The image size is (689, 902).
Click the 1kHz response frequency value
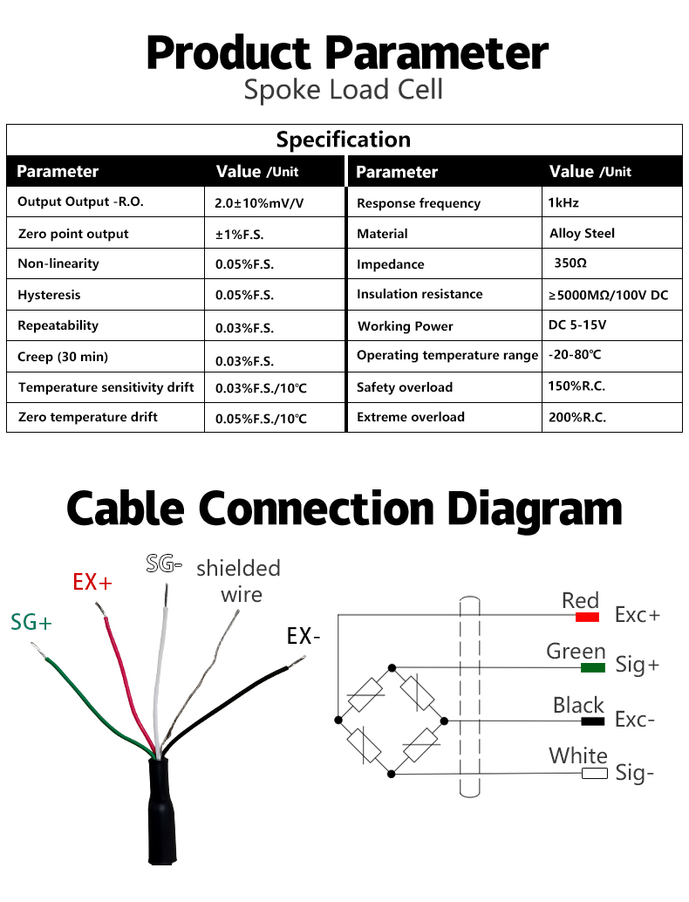click(x=563, y=202)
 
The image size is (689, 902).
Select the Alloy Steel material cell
click(x=582, y=233)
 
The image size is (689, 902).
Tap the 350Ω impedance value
click(x=570, y=263)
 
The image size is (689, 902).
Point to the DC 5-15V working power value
click(x=576, y=325)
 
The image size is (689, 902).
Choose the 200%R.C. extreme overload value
click(x=576, y=417)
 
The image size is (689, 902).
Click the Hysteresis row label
click(x=49, y=295)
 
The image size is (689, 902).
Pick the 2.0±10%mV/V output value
click(x=259, y=203)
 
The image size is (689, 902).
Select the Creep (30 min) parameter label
click(x=63, y=357)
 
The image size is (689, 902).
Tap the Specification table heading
click(x=344, y=140)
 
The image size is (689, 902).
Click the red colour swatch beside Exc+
click(x=587, y=617)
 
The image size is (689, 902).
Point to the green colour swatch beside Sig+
click(x=593, y=667)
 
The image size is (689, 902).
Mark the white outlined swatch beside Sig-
click(x=595, y=773)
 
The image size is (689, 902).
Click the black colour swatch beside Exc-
click(x=592, y=721)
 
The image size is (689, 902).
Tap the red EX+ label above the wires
click(x=92, y=582)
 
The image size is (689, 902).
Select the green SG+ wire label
click(x=31, y=622)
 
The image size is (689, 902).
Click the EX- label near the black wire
click(x=304, y=636)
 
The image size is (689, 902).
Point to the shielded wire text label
click(x=239, y=581)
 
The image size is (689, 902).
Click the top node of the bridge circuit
click(x=392, y=668)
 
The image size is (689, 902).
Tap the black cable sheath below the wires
click(x=161, y=811)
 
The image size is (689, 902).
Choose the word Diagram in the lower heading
click(x=535, y=509)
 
